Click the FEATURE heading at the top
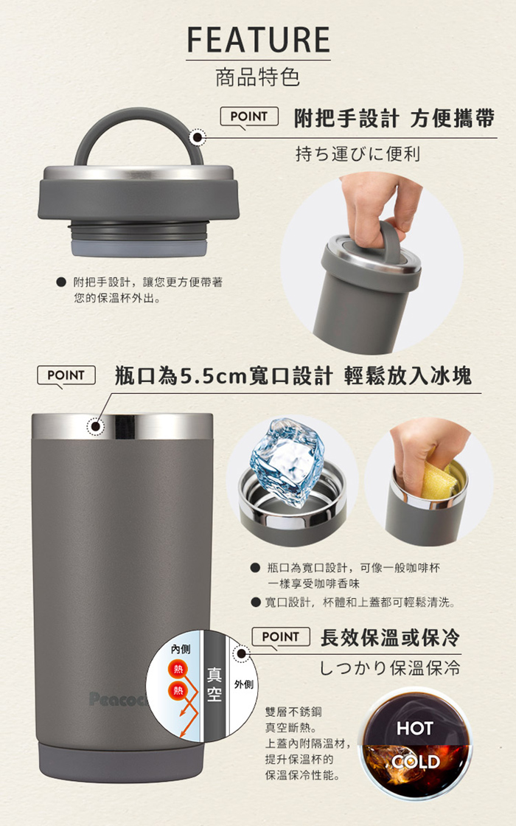258,40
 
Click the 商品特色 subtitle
257,77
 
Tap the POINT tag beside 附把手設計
249,117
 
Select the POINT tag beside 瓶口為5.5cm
66,375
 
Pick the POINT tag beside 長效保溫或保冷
281,637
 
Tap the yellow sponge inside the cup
438,480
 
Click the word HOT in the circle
415,729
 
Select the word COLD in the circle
416,762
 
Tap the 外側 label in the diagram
243,684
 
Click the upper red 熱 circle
178,669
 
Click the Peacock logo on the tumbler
119,699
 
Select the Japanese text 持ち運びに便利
358,154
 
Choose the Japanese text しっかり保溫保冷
390,668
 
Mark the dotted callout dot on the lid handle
198,137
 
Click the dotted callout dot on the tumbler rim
95,426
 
